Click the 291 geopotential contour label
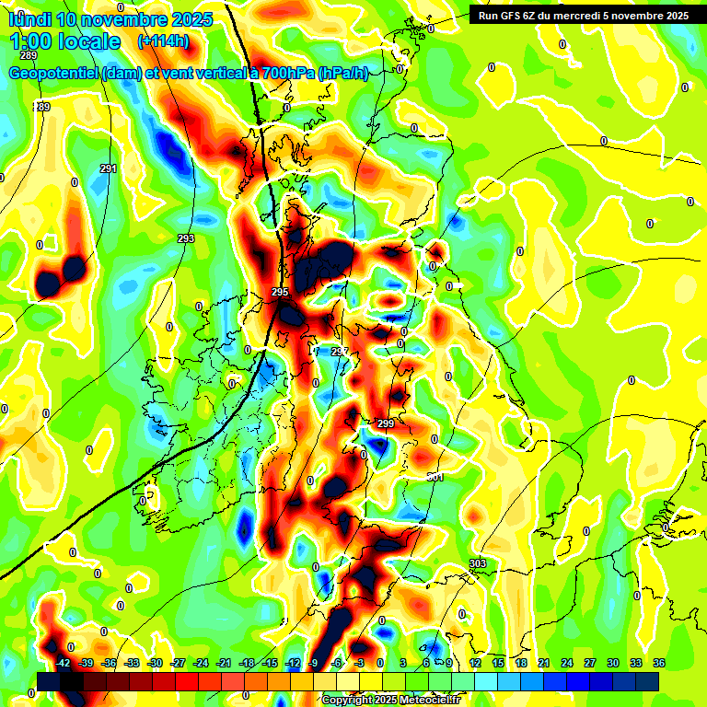(x=109, y=168)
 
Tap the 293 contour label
(x=186, y=238)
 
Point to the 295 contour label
(x=281, y=292)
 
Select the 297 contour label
(x=340, y=353)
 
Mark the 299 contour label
(x=386, y=423)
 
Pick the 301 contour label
(x=435, y=477)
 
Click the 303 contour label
(x=477, y=563)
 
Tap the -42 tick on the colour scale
(x=64, y=663)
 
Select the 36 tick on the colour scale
(x=659, y=663)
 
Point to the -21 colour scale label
(x=224, y=663)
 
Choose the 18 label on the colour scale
(x=521, y=663)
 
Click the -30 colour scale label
(x=156, y=663)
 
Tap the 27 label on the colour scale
(x=590, y=663)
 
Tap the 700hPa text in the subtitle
(x=285, y=74)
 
